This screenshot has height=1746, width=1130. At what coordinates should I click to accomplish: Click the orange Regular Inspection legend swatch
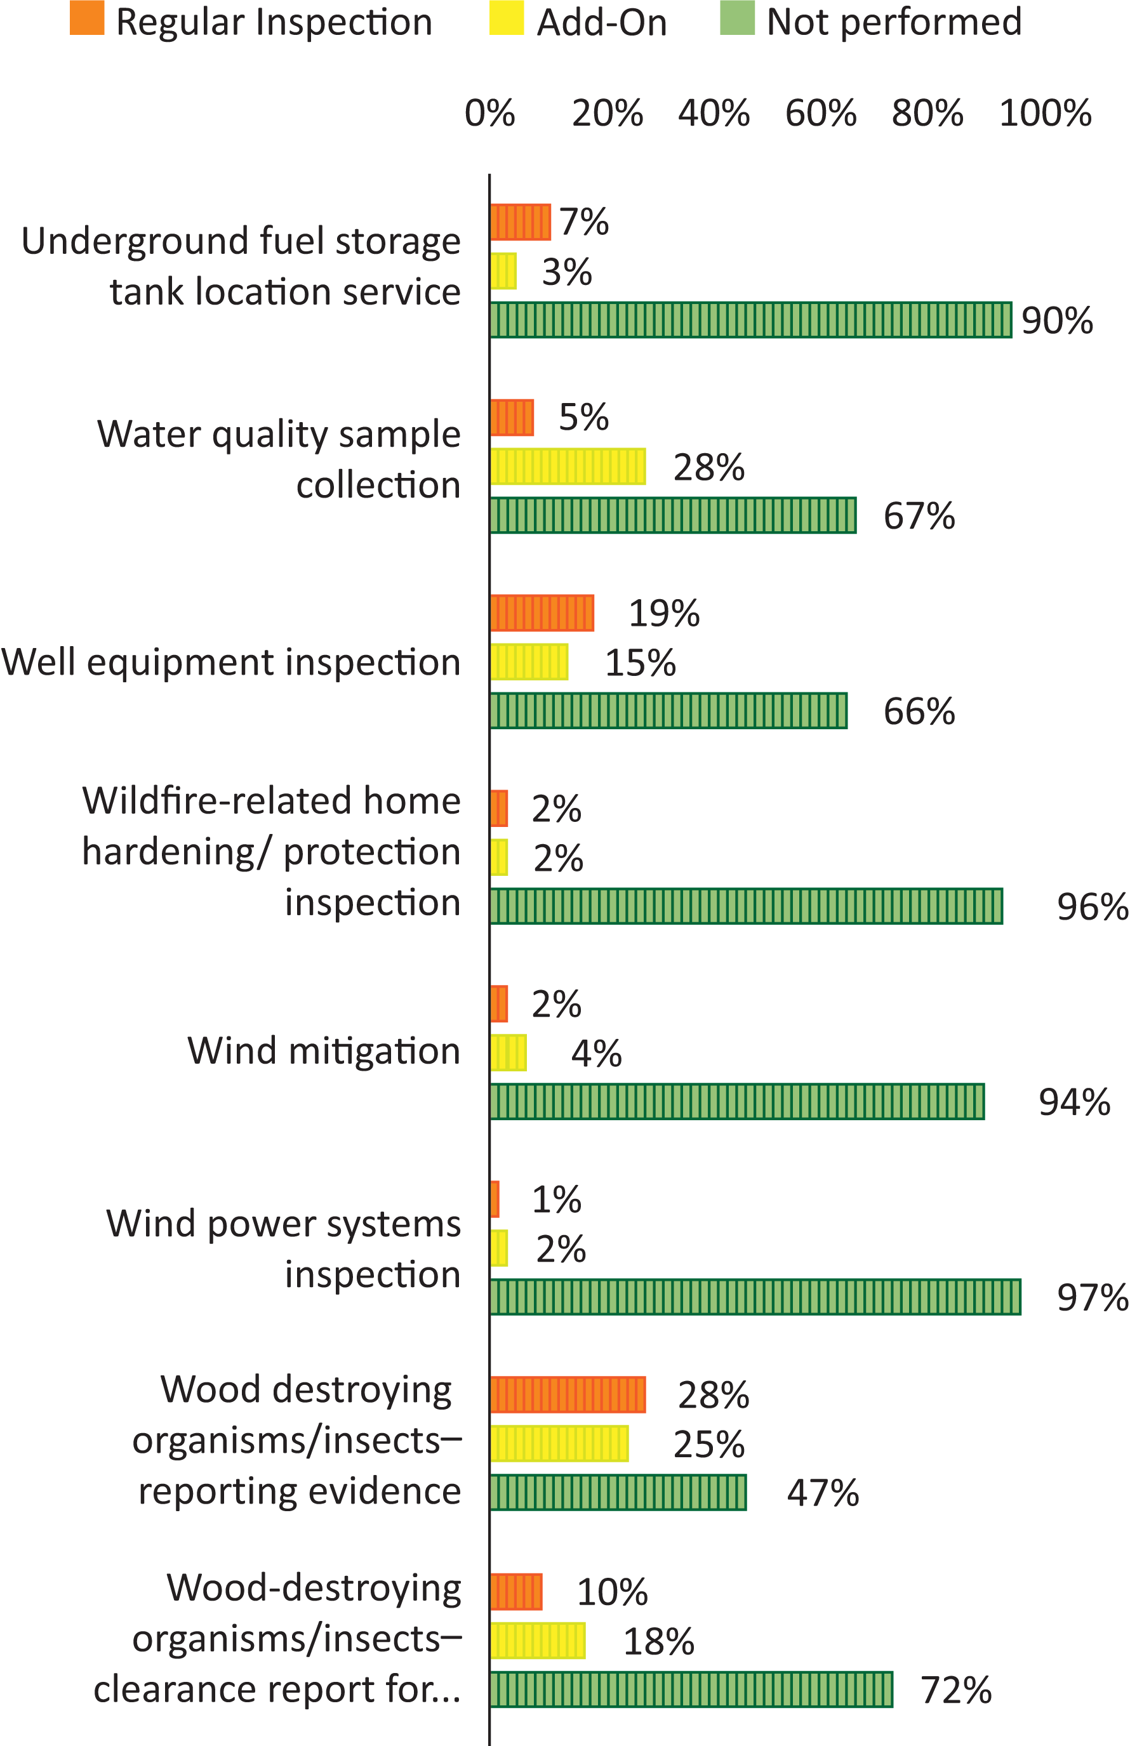click(86, 18)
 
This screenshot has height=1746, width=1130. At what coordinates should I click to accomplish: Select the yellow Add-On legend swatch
click(507, 18)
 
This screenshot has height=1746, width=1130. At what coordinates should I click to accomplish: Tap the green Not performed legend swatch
click(736, 18)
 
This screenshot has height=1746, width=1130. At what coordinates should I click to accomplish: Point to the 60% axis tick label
click(820, 114)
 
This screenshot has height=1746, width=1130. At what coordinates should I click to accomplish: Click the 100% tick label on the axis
click(1045, 114)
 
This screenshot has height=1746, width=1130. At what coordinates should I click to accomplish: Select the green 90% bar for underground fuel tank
click(750, 320)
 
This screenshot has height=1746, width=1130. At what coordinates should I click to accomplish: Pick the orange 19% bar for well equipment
click(542, 613)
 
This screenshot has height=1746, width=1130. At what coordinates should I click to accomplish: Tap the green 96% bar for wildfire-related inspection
click(745, 906)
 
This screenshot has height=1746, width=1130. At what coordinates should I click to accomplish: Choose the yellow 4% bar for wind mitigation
click(508, 1053)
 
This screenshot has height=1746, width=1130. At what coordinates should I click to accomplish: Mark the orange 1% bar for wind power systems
click(495, 1200)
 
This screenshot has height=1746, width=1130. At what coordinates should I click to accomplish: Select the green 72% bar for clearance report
click(691, 1690)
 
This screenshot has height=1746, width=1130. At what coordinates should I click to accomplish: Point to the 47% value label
click(823, 1493)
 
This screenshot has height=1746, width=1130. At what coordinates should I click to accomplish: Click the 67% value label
click(919, 516)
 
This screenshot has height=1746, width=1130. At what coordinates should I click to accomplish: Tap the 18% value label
click(658, 1642)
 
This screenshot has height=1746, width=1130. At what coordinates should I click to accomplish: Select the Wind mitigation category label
click(324, 1050)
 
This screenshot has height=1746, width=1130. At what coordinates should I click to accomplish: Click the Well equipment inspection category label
click(231, 662)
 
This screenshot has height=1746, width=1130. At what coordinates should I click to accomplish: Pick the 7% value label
click(583, 222)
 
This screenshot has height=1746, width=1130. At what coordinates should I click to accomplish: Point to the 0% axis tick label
click(489, 114)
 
